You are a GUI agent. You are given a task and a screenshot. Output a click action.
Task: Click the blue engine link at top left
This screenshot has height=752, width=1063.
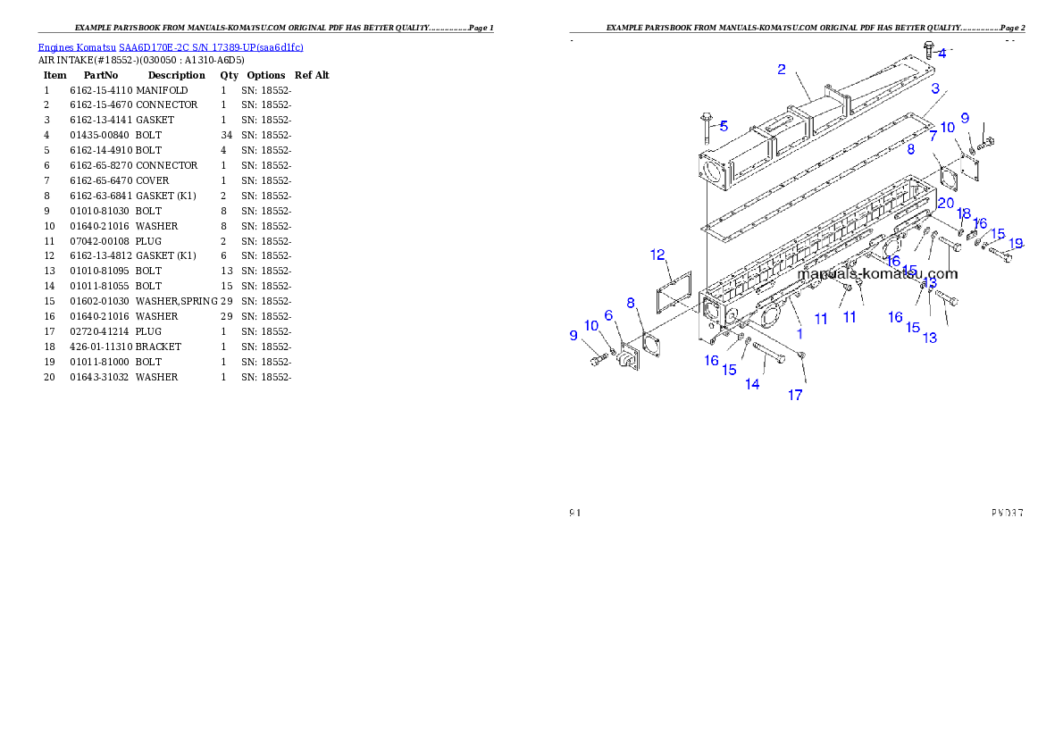171,47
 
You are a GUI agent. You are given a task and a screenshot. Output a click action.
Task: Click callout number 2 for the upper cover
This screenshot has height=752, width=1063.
782,69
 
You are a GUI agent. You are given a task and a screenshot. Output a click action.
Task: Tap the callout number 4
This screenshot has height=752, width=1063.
942,54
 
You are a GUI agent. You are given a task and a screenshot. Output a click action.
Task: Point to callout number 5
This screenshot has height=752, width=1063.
724,126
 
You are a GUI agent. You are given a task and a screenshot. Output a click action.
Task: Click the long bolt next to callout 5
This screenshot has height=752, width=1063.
706,130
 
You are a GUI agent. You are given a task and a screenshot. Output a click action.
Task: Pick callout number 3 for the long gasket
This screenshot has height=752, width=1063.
935,88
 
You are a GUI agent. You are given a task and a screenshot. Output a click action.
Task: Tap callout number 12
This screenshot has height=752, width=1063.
658,255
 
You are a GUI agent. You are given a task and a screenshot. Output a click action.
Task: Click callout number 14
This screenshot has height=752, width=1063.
753,384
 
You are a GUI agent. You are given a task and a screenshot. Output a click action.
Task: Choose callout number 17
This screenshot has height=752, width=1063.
795,395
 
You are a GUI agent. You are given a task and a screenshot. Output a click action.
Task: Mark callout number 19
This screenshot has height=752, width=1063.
1016,243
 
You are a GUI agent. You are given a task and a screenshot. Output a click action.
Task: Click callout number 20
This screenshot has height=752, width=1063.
945,204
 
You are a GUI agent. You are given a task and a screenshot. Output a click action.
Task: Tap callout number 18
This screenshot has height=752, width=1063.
964,213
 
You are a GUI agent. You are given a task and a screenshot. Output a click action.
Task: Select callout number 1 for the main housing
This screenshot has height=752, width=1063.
799,333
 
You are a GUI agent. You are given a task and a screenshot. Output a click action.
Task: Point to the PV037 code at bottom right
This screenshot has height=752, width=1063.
1007,514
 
